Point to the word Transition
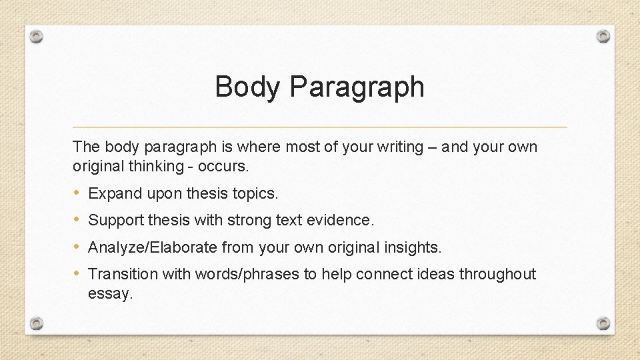(120, 274)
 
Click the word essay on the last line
(110, 293)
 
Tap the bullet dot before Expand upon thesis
(77, 193)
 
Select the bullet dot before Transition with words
(77, 273)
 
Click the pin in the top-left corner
(37, 36)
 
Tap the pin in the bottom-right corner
(603, 323)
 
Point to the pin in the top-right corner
(603, 36)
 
